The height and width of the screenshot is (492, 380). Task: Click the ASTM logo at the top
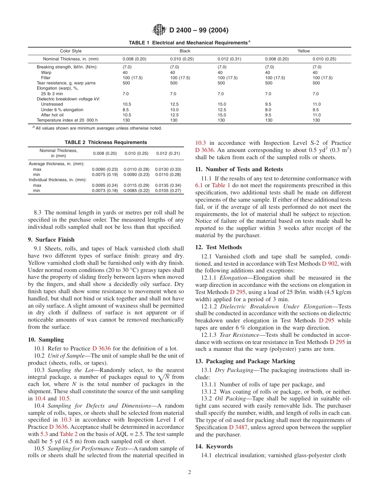(160, 30)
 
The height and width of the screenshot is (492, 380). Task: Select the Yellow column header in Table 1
(304, 51)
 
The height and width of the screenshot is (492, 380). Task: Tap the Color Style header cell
(71, 51)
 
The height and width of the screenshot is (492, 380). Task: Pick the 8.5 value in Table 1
(126, 110)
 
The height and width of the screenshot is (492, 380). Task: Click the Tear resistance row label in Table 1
(66, 83)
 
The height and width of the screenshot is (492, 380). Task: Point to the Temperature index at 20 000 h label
(67, 120)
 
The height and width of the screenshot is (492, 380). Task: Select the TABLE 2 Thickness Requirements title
(106, 142)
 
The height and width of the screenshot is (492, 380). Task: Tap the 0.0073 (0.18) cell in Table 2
(105, 191)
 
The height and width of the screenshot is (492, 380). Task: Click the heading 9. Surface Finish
(51, 240)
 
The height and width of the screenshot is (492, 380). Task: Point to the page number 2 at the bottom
(190, 472)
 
